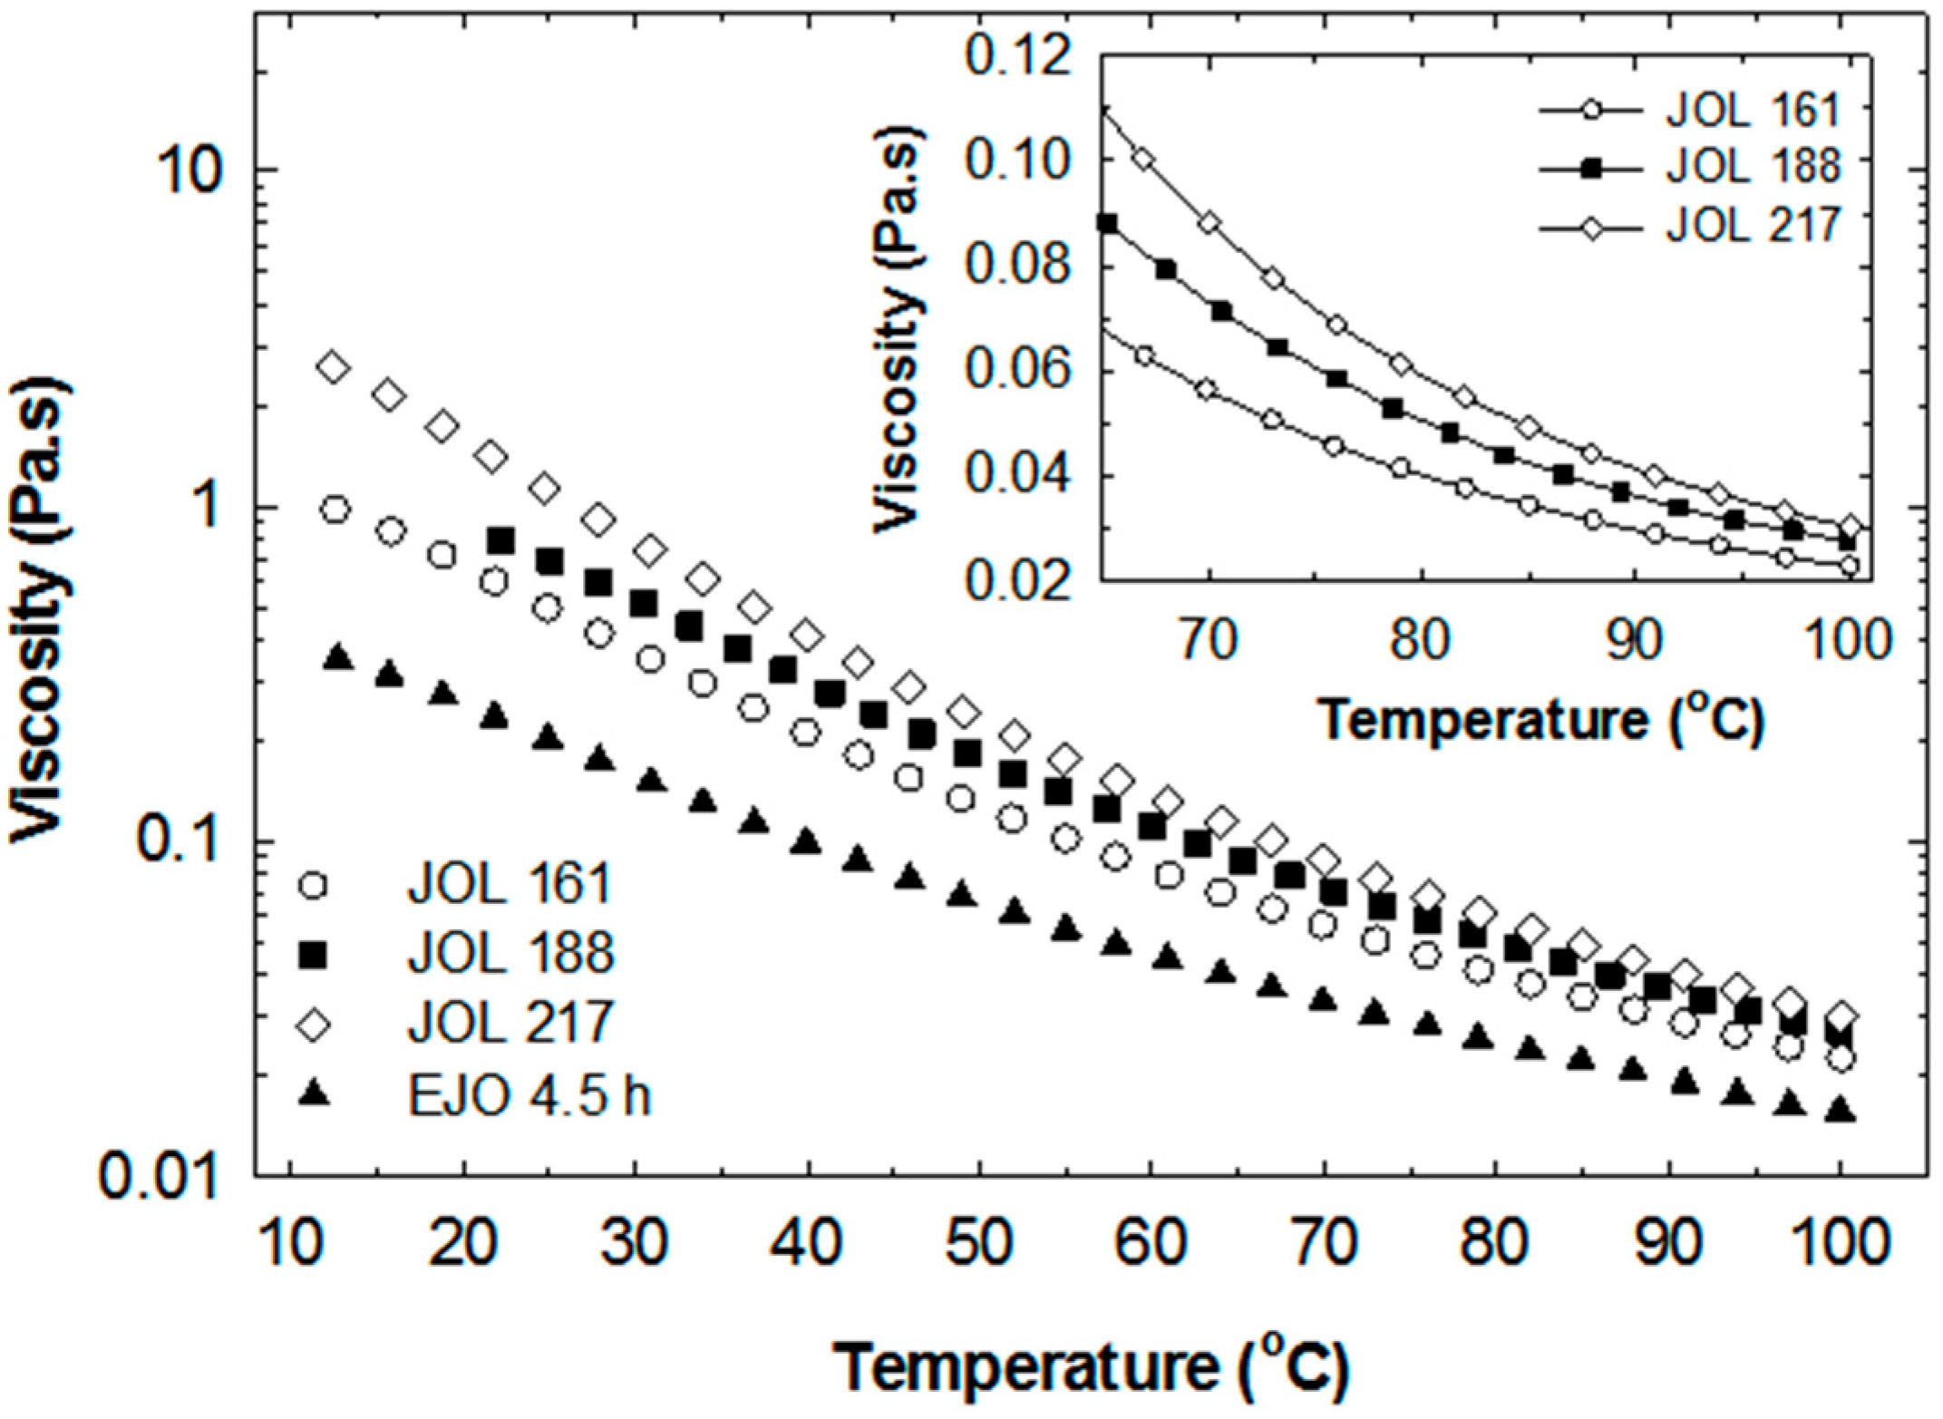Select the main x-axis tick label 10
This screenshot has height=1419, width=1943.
[290, 1241]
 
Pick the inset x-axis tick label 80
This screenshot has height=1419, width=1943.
[1421, 639]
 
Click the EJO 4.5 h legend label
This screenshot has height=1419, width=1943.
[529, 1094]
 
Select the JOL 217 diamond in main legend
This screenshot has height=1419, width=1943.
[314, 1025]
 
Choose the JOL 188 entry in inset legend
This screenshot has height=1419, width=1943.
[1752, 167]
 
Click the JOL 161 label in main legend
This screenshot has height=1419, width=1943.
[510, 884]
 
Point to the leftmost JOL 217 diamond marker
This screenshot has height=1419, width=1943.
[333, 367]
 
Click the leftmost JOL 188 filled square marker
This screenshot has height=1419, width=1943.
[500, 541]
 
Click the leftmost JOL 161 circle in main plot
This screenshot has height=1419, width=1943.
[335, 510]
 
